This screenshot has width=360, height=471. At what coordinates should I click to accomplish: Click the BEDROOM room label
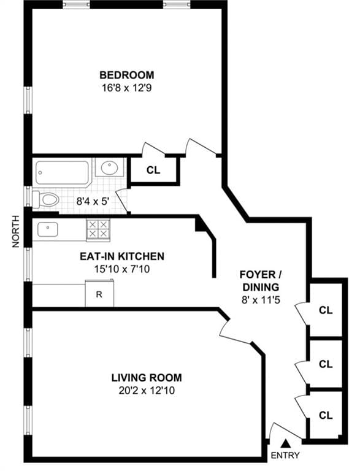(x=127, y=75)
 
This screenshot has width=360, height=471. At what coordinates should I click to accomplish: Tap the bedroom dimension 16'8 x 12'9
(x=127, y=87)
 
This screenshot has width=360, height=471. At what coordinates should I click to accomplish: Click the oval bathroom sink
(x=110, y=167)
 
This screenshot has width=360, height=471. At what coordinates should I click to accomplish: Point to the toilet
(x=47, y=199)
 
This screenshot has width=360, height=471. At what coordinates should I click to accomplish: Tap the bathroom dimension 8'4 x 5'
(x=92, y=200)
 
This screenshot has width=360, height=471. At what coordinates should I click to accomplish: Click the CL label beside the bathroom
(x=153, y=170)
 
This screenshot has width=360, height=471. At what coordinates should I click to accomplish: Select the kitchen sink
(x=48, y=229)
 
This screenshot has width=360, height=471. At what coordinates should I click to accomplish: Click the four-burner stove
(x=98, y=229)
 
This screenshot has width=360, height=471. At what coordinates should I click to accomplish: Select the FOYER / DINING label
(x=260, y=280)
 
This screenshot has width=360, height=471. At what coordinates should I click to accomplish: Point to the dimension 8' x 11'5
(x=260, y=301)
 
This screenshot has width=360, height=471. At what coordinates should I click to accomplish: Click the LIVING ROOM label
(x=146, y=378)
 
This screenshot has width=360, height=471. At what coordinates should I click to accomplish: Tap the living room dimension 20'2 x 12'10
(x=146, y=390)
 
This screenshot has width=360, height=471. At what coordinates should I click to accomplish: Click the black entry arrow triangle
(x=285, y=442)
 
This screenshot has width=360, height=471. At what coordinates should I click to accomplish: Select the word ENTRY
(x=285, y=456)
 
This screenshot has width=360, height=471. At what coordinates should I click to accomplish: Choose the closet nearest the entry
(x=325, y=415)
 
